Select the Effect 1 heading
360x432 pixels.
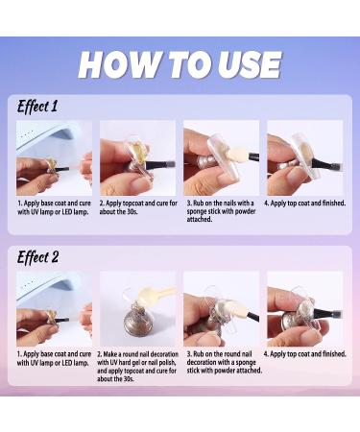pyautogui.click(x=37, y=107)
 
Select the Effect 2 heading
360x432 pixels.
pyautogui.click(x=37, y=257)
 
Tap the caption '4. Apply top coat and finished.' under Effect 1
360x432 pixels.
pyautogui.click(x=305, y=204)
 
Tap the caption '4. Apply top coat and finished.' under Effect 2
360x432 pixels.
pyautogui.click(x=304, y=354)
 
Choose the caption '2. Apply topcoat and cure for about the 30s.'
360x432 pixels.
pyautogui.click(x=138, y=207)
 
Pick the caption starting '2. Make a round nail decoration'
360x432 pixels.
pyautogui.click(x=137, y=367)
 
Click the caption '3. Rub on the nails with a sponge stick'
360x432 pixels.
pyautogui.click(x=222, y=211)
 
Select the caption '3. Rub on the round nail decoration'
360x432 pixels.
pyautogui.click(x=225, y=362)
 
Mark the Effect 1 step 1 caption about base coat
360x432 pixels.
pyautogui.click(x=54, y=207)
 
